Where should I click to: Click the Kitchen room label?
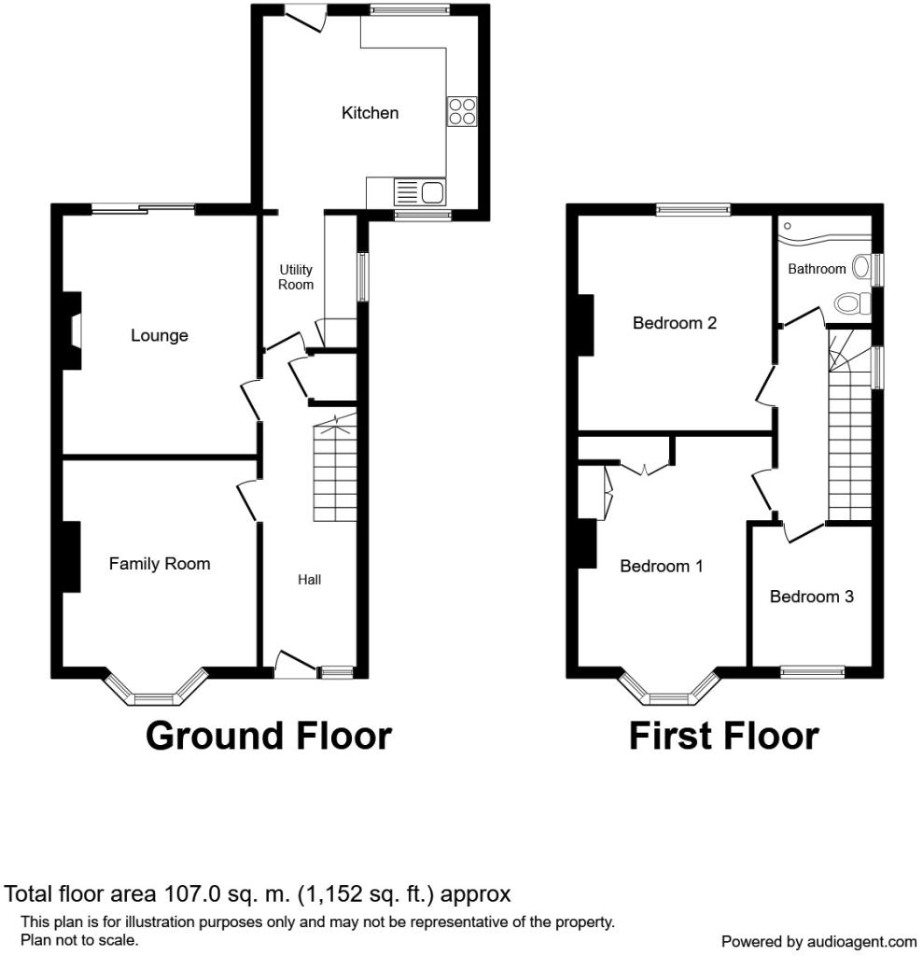(x=370, y=113)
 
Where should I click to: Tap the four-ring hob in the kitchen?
(x=461, y=112)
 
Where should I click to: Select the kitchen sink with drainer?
(x=419, y=192)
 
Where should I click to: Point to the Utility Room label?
(x=296, y=276)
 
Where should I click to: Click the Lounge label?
(x=159, y=335)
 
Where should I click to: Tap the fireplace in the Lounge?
(x=73, y=331)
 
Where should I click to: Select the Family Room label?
(x=160, y=563)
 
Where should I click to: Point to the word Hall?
(x=309, y=580)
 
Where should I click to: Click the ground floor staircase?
(x=335, y=469)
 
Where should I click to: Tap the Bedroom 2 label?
(x=674, y=322)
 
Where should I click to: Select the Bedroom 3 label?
(x=811, y=597)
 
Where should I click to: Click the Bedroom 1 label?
(x=662, y=566)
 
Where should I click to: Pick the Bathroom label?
(x=817, y=269)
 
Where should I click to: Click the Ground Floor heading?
(x=269, y=736)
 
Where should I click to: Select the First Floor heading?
(x=723, y=736)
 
